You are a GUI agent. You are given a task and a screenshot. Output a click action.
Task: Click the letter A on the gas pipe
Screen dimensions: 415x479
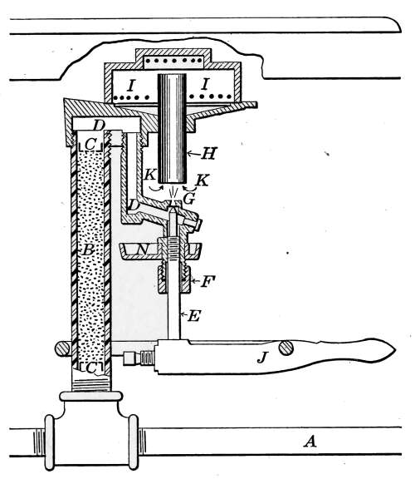pos(310,442)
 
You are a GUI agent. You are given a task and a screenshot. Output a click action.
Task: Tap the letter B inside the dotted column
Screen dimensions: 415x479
pos(88,250)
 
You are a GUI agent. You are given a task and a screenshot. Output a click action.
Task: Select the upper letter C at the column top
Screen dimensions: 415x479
pos(90,145)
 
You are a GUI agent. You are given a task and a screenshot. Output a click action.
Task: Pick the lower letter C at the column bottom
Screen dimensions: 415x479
pos(91,368)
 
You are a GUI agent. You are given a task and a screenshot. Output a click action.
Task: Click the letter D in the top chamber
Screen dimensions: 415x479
pos(99,126)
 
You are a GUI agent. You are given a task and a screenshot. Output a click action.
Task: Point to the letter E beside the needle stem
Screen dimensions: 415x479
pos(193,315)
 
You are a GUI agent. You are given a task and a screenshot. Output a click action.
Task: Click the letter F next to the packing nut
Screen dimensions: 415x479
pos(208,281)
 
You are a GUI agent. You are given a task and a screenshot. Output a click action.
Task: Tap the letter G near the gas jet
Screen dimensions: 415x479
pos(189,199)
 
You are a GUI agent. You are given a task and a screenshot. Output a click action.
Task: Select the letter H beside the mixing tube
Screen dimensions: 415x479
pos(209,153)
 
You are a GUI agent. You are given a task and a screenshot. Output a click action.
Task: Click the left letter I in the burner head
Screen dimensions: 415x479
pos(131,86)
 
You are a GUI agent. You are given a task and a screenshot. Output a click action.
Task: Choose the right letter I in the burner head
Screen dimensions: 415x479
pos(205,84)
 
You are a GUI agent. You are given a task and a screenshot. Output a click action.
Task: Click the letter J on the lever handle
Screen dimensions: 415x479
pos(261,358)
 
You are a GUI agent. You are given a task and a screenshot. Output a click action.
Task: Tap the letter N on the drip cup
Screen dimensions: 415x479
pos(143,249)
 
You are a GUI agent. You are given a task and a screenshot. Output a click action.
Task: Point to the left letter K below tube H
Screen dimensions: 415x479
pos(150,175)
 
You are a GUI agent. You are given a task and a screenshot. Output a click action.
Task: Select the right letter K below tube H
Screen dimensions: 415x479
pos(203,180)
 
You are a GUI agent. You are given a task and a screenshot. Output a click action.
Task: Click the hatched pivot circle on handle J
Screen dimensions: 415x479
pos(286,348)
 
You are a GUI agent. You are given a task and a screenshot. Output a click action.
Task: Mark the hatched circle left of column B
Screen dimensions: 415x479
pos(62,348)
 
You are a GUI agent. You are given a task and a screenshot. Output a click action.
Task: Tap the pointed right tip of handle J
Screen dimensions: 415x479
pos(395,350)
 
